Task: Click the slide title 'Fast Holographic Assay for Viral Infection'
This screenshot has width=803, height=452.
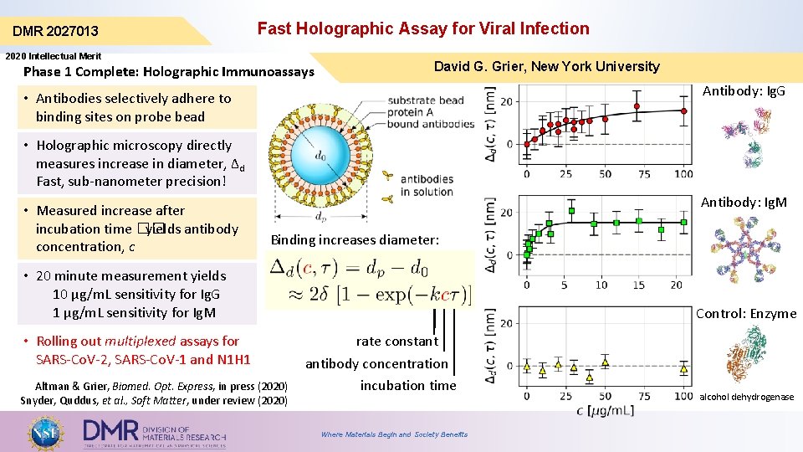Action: [x=422, y=28]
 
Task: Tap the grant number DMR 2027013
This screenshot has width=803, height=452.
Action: [x=55, y=32]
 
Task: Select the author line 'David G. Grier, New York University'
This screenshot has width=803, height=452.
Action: [x=546, y=66]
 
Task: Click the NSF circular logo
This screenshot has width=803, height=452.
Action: [x=47, y=432]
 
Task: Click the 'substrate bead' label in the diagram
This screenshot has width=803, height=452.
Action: [x=426, y=101]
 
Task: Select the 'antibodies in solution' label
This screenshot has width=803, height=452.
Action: [x=427, y=185]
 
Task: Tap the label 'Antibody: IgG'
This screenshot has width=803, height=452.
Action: [x=744, y=90]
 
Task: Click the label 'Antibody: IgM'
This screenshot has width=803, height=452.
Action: [x=743, y=203]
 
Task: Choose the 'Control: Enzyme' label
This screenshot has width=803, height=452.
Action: [x=746, y=314]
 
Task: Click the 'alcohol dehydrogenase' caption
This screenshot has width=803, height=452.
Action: [x=746, y=397]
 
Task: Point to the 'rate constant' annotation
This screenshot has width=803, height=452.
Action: [x=396, y=341]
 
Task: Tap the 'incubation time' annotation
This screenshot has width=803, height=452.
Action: [x=408, y=385]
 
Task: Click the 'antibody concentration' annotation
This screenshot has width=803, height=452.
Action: [x=376, y=363]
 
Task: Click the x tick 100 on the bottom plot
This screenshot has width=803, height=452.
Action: [x=683, y=395]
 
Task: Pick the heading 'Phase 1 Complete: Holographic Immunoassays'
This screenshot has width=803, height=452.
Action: [x=169, y=72]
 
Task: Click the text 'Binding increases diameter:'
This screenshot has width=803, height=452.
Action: [x=355, y=240]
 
